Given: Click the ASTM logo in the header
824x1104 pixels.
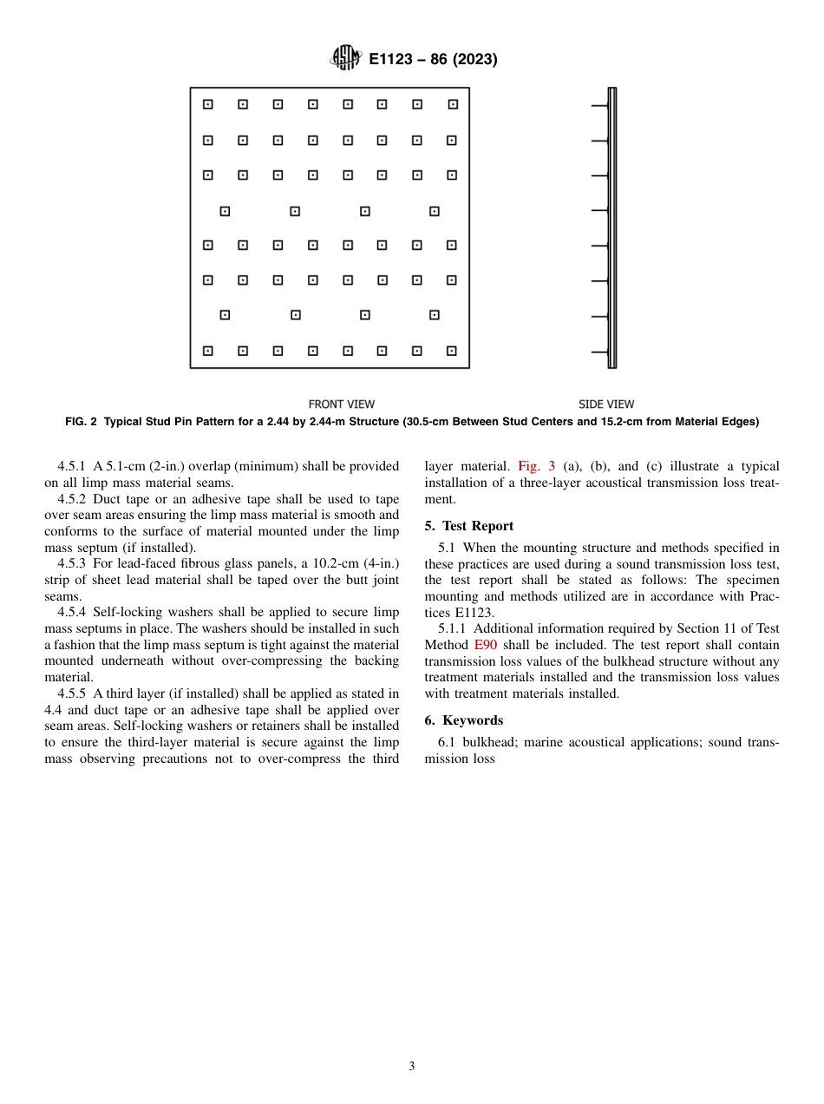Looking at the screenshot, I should [345, 59].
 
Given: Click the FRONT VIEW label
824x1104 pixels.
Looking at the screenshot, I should [342, 404].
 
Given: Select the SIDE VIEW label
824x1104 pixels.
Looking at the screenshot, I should [606, 404].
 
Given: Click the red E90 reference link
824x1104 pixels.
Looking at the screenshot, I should [485, 645].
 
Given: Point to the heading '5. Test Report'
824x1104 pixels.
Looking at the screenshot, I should [469, 526].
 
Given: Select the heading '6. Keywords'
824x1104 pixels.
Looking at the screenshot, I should [464, 720].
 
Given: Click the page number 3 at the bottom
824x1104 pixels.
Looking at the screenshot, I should [412, 1067].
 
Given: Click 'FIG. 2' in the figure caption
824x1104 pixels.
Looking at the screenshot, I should [84, 423].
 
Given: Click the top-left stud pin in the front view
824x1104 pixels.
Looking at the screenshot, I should [208, 105].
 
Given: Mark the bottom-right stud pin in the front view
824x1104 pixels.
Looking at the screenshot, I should [451, 351].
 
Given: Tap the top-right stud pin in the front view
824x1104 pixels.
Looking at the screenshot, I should [452, 105].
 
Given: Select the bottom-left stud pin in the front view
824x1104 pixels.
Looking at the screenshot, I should [208, 351].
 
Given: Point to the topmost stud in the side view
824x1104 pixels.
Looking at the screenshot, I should [599, 106].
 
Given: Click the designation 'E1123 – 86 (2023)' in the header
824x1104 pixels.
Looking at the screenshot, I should [433, 60].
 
